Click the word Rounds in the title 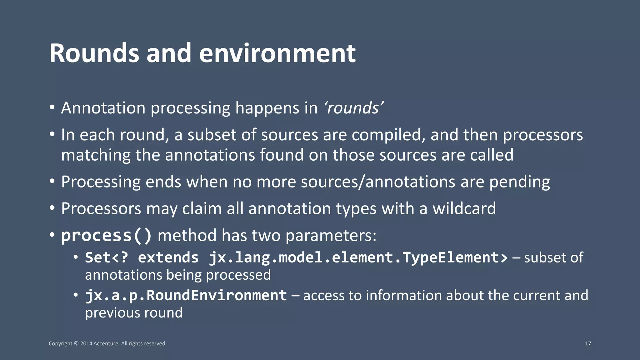coord(94,53)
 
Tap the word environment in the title coord(277,53)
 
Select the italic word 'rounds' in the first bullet coord(354,108)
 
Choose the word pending coord(519,182)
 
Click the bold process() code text coord(107,236)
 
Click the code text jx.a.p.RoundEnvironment coord(186,296)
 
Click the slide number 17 coord(588,344)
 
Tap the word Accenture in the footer coord(106,344)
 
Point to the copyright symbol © coord(76,344)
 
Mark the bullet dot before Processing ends coord(52,182)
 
